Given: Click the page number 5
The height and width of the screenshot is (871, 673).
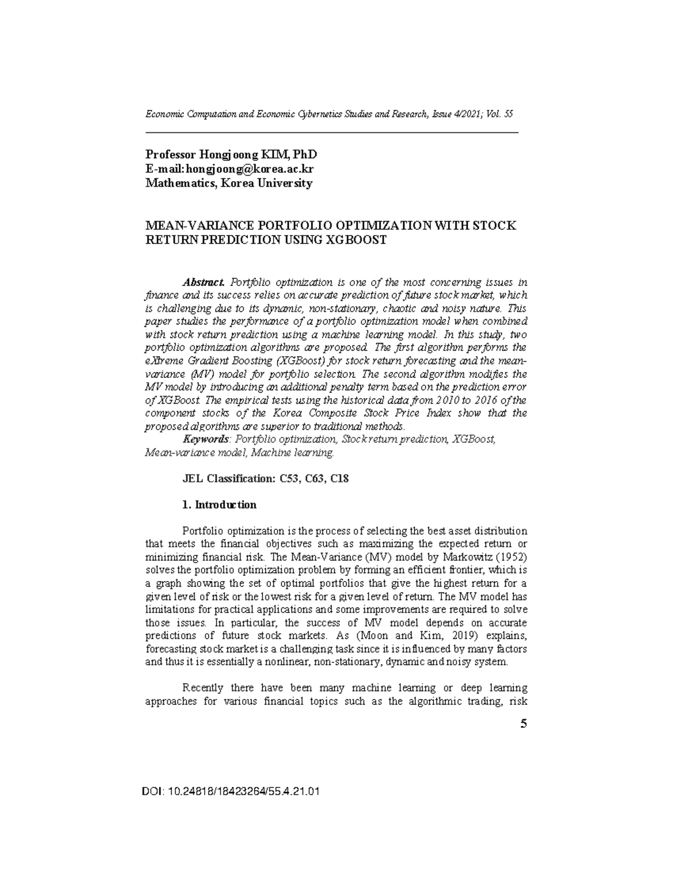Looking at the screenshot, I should [523, 724].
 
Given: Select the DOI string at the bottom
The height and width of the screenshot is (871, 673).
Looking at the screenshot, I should [232, 792].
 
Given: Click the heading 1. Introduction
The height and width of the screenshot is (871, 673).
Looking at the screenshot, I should [220, 505].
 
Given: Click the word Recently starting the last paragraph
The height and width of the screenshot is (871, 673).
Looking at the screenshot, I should [203, 688].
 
